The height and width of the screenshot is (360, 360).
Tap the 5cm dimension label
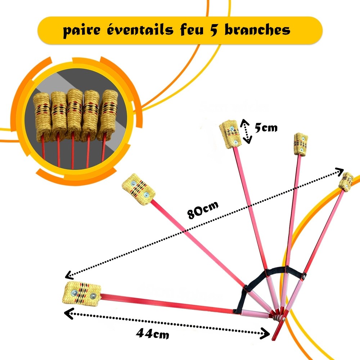pos(266,127)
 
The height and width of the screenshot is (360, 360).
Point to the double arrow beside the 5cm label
pos(246,131)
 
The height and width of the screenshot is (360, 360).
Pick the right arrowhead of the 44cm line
pos(266,334)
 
